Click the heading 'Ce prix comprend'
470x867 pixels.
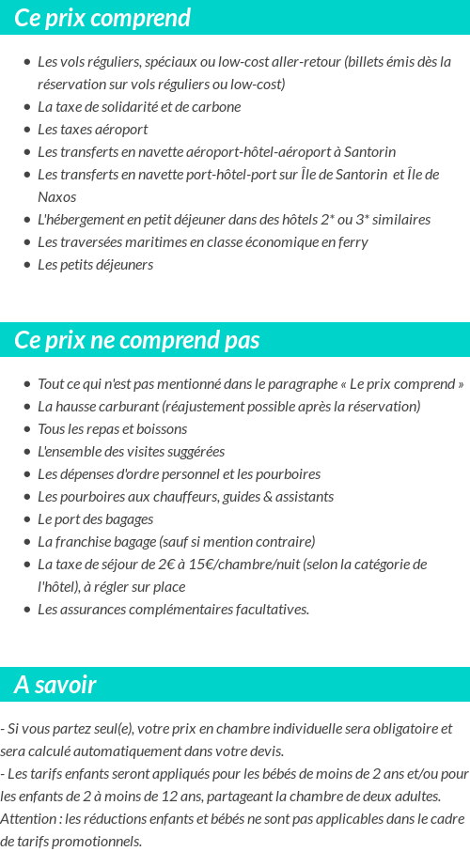(102, 18)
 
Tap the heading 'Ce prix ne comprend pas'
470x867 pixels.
(137, 340)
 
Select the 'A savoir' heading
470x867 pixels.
(55, 685)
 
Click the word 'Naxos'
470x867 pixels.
(57, 197)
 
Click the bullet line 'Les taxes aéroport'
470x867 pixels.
(92, 129)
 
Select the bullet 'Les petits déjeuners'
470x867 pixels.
(95, 265)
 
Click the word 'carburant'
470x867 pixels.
(123, 407)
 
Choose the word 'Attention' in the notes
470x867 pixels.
(28, 818)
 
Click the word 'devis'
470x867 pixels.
(266, 751)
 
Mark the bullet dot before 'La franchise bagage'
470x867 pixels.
(27, 542)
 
